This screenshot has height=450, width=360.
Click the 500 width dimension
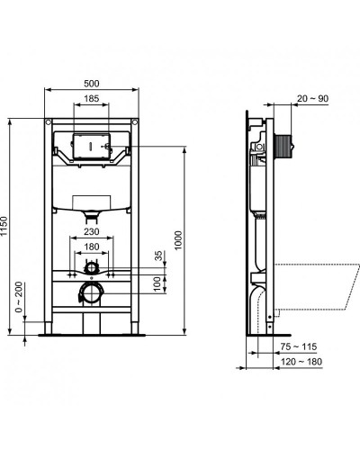(x=92, y=84)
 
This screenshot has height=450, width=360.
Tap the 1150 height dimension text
(x=6, y=226)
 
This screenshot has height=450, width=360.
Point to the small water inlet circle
(x=91, y=268)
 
